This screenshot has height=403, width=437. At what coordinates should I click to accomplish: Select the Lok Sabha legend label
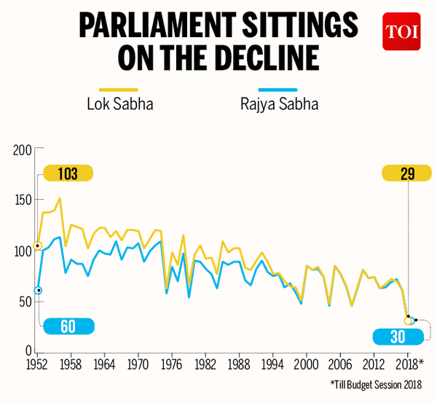(119, 103)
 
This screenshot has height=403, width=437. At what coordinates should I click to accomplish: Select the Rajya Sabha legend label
(279, 103)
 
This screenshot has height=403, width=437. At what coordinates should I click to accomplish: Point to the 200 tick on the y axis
(23, 150)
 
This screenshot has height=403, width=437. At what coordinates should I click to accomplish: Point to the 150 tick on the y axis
(23, 200)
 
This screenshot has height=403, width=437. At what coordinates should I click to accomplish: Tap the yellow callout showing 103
(68, 173)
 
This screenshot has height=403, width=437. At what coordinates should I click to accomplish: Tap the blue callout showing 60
(68, 326)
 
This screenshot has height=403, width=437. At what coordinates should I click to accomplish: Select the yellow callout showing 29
(407, 173)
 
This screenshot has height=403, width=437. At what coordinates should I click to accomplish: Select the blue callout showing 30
(397, 337)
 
